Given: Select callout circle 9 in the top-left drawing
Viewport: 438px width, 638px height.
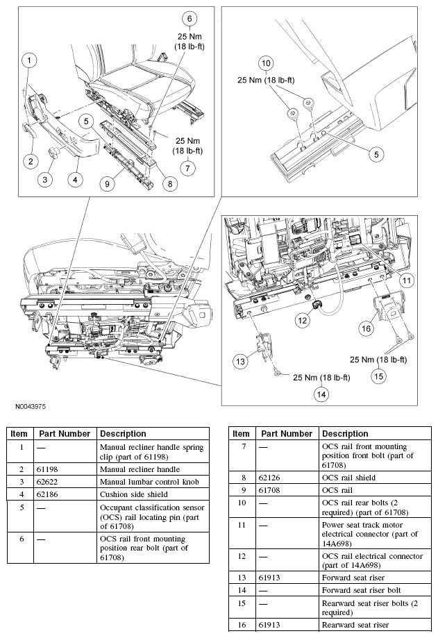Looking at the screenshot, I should point(106,184).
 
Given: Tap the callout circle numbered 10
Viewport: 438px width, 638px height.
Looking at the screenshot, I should point(264,63).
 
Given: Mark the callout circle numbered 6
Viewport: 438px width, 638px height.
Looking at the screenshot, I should point(189,19).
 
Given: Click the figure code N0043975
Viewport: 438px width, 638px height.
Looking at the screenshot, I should point(31,406).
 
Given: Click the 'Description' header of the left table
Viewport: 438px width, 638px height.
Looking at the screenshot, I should point(123,433).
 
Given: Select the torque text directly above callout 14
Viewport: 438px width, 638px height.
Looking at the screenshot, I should point(321,378).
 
